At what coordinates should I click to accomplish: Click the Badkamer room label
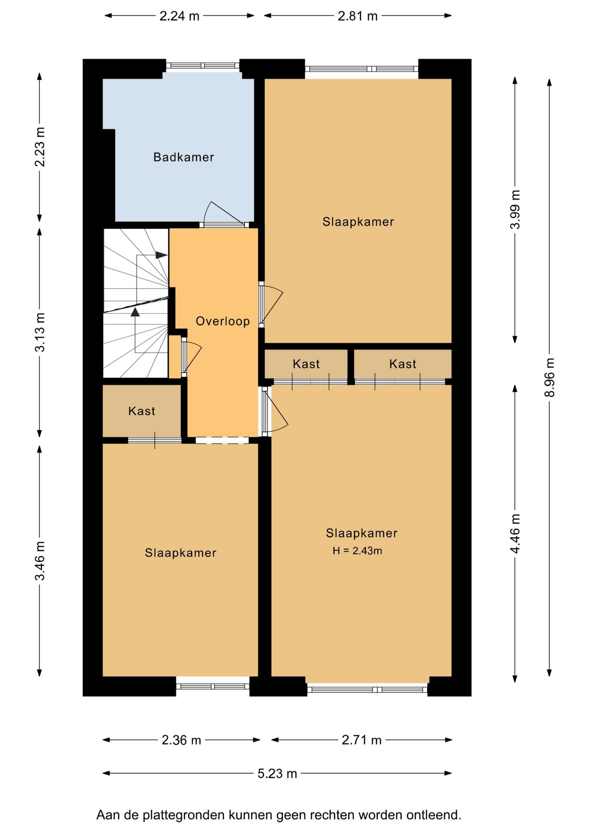[183, 157]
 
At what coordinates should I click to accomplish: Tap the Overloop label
[223, 321]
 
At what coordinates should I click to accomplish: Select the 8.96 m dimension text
[550, 377]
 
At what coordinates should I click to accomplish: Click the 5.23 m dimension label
[277, 774]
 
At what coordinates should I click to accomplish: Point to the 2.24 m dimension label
[179, 16]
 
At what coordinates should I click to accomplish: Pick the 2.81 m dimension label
[357, 16]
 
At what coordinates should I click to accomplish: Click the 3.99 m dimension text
[515, 210]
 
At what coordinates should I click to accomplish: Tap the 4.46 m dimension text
[515, 533]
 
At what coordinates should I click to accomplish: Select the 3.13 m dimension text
[40, 332]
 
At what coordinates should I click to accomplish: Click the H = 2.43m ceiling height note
[357, 551]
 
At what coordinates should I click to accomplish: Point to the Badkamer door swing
[224, 213]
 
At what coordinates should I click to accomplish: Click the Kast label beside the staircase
[141, 411]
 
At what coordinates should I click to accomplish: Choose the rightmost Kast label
[402, 364]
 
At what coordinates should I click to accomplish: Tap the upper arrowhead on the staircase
[161, 255]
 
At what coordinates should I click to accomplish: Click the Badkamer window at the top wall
[203, 66]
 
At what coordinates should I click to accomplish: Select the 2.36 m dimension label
[181, 740]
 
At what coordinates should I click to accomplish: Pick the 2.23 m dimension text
[40, 147]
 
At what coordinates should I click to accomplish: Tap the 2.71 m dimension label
[361, 740]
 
